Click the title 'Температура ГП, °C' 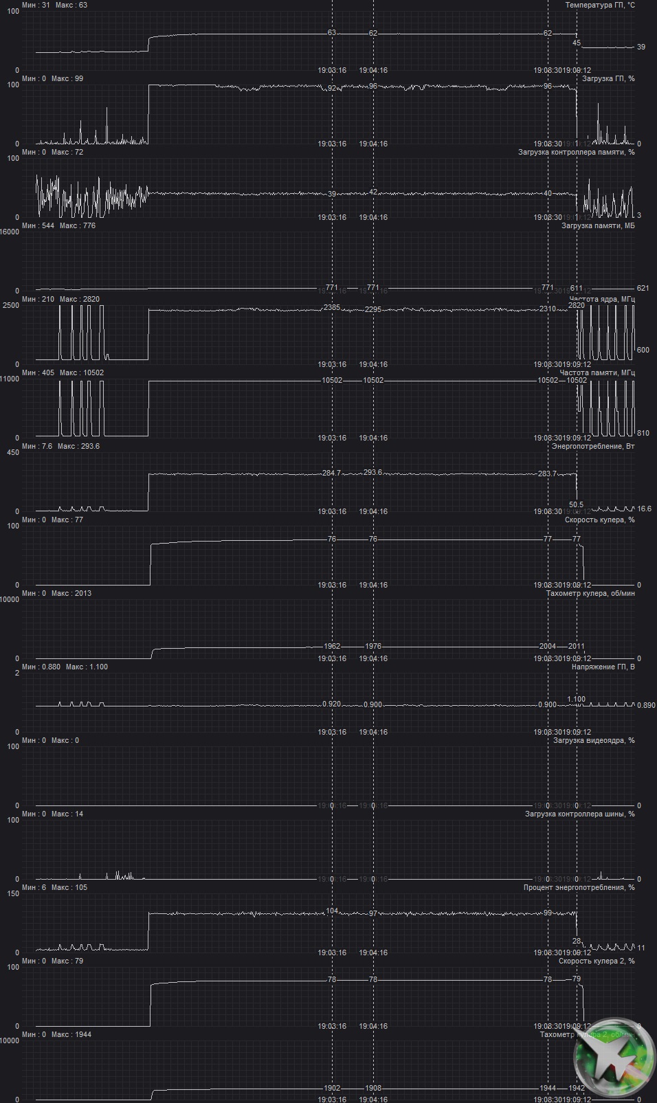tap(599, 5)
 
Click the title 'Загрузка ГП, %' tap(608, 78)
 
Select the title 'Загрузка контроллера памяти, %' tap(576, 152)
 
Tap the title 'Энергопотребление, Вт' tap(592, 446)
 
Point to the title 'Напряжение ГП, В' tap(603, 667)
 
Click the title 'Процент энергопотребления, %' tap(579, 887)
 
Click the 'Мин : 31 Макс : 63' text tap(54, 5)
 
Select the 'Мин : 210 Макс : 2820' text tap(60, 299)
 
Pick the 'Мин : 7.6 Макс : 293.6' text tap(60, 446)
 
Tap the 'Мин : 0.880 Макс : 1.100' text tap(65, 667)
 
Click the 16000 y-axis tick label tap(10, 232)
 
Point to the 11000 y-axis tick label tap(10, 379)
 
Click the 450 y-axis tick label tap(12, 452)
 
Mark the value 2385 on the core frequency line tap(332, 307)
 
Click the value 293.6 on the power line tap(372, 472)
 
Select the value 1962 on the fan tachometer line tap(332, 646)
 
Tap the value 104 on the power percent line tap(332, 911)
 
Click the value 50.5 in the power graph tap(576, 504)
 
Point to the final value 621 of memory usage tap(643, 288)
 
